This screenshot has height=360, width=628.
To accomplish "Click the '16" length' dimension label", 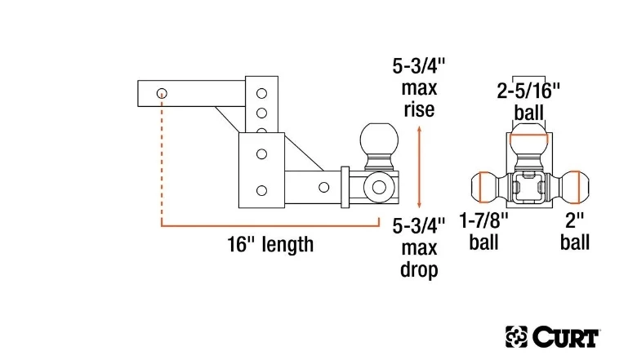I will tap(269, 244).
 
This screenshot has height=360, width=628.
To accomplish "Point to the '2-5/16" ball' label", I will tap(530, 100).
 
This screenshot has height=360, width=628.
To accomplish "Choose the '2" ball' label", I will tap(576, 231).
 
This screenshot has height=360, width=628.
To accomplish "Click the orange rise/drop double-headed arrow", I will tap(419, 167).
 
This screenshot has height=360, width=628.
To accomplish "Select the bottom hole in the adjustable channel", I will tap(261, 190).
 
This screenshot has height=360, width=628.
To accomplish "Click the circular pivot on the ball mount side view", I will tap(380, 186).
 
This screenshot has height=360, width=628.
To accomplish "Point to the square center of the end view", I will tap(530, 189).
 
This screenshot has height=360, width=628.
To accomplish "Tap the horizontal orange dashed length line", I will tap(269, 222).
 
